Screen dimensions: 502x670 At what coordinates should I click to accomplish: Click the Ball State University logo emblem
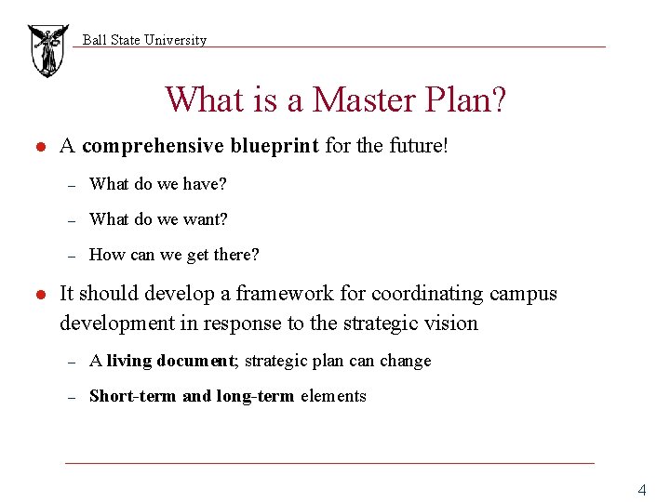(x=47, y=50)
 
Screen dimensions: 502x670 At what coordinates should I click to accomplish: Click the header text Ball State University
(x=144, y=40)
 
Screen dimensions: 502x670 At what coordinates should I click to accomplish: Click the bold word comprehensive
(x=153, y=147)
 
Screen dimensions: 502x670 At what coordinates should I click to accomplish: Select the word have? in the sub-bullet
(x=205, y=184)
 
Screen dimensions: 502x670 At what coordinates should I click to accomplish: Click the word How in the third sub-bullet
(x=106, y=255)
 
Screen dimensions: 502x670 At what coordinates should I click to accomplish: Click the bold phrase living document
(x=171, y=361)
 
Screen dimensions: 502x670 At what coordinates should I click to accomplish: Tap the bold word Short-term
(x=132, y=396)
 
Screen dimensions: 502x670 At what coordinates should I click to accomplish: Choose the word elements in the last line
(x=333, y=396)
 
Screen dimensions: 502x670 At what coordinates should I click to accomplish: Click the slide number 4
(x=641, y=490)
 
